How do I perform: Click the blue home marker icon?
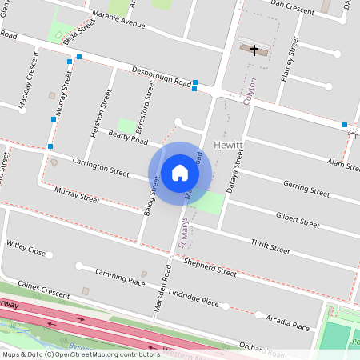click(180, 172)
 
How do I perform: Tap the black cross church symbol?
click(255, 50)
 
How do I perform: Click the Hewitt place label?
click(230, 145)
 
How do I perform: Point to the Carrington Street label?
click(101, 166)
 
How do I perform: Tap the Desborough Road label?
click(161, 76)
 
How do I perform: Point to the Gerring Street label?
click(306, 189)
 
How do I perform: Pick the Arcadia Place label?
click(287, 321)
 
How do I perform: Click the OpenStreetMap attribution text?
click(80, 354)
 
